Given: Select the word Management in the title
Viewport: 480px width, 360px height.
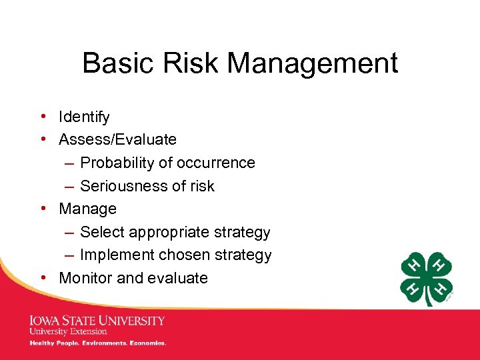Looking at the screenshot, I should pos(313,64).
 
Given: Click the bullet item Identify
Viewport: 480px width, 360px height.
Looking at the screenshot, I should pos(84,117).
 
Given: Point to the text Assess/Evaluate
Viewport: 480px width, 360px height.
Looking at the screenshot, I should pos(117,140).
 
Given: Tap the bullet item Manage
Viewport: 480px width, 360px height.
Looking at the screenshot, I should pos(87,209).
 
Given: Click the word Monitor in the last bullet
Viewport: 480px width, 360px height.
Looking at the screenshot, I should pos(85,278).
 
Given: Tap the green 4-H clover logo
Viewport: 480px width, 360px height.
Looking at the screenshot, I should pos(427,278).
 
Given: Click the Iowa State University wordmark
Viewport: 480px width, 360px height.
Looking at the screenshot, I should pos(97,321).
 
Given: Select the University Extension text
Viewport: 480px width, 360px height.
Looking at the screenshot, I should pos(68,331).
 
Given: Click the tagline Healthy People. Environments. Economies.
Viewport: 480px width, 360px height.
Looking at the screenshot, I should pos(97,343).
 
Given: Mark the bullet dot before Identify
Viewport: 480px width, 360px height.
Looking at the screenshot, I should pos(42,117).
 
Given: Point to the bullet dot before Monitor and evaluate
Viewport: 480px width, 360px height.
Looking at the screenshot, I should pos(42,278).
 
